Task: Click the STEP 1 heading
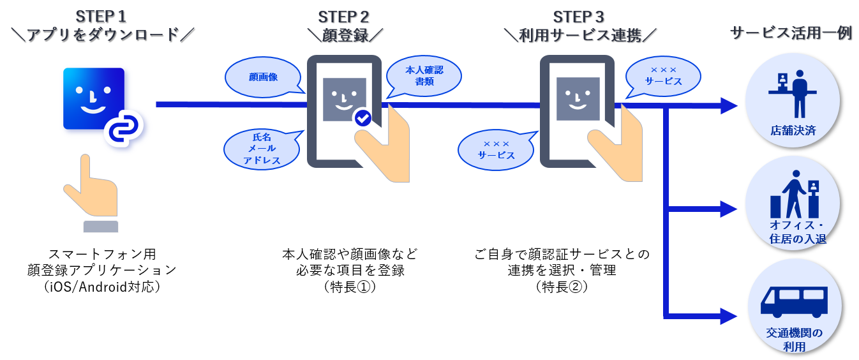click(105, 16)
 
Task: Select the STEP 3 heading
click(580, 16)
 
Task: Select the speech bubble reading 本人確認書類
click(424, 76)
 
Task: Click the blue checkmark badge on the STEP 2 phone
click(362, 117)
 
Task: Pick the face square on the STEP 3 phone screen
click(578, 99)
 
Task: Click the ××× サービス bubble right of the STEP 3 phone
click(663, 76)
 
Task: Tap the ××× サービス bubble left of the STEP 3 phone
click(496, 149)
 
